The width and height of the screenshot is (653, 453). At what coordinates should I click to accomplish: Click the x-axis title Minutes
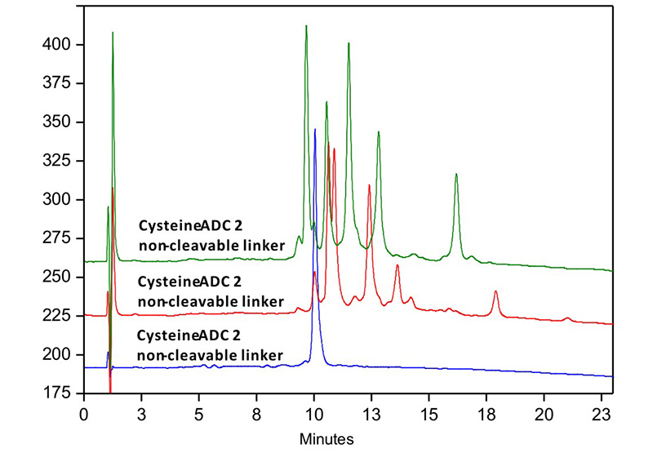326,439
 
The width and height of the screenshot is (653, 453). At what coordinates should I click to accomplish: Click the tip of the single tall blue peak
315,129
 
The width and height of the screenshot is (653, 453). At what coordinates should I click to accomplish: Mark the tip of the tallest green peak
306,26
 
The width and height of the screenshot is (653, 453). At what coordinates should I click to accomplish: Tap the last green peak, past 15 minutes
456,174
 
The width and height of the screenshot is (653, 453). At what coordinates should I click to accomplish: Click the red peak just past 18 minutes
495,291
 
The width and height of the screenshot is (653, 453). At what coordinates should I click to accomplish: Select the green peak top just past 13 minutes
379,131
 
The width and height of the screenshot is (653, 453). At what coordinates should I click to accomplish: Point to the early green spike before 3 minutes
113,33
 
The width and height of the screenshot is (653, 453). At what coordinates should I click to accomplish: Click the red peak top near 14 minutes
398,265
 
